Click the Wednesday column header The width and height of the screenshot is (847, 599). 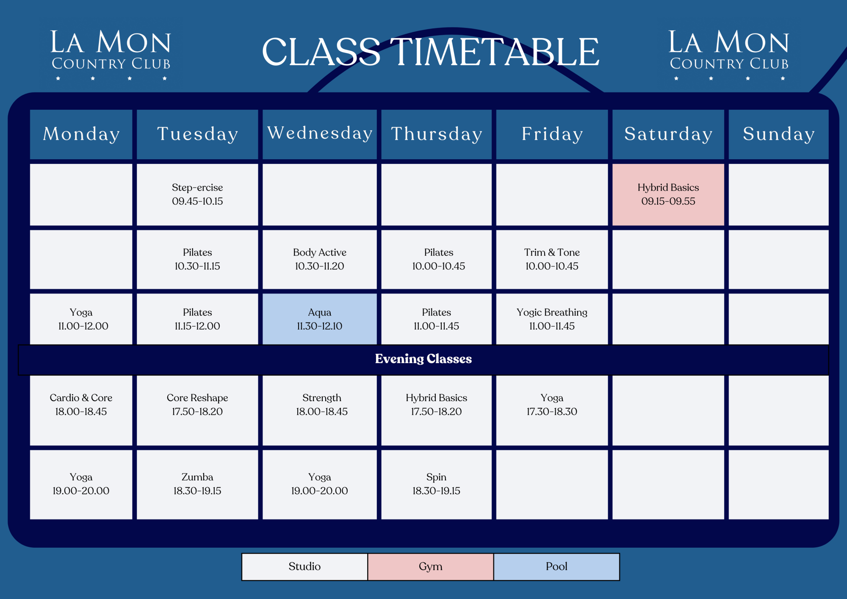[x=320, y=134]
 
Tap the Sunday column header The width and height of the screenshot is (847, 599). [x=778, y=134]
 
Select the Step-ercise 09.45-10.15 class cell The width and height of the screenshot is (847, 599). [x=197, y=194]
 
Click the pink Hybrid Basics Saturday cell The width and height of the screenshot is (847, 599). [x=668, y=194]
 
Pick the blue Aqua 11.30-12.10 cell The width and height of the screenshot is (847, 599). [x=320, y=319]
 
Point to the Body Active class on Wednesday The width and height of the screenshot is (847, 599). [x=320, y=259]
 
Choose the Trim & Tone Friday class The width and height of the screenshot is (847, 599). [x=552, y=259]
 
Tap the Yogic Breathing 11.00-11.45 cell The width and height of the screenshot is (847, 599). [x=552, y=319]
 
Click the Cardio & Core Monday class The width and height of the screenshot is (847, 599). [x=81, y=405]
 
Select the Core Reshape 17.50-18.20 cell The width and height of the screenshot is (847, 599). [x=197, y=405]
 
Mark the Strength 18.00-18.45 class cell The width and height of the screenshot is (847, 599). [x=321, y=405]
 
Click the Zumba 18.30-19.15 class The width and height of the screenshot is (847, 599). [x=197, y=484]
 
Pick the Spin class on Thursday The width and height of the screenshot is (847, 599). [x=436, y=484]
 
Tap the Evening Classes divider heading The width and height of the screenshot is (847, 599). [x=423, y=359]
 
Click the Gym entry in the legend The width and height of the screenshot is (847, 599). [x=430, y=566]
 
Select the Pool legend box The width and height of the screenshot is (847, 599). [x=556, y=566]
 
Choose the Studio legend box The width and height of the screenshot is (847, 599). [x=304, y=566]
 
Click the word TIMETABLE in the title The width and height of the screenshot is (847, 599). [x=494, y=52]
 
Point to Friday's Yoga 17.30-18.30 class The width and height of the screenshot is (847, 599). [x=552, y=405]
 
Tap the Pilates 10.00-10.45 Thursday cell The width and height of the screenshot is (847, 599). [x=438, y=259]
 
